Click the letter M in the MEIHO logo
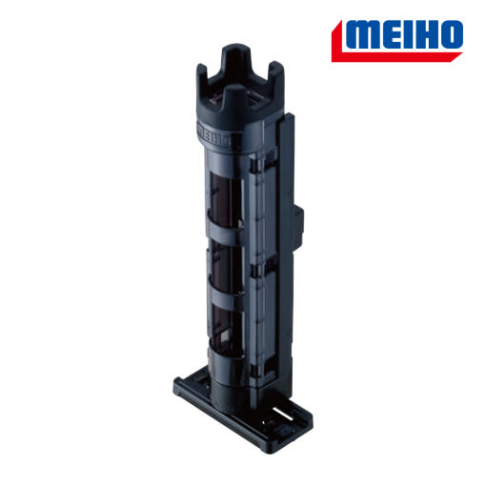point(365,35)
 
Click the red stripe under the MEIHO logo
point(394,56)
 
